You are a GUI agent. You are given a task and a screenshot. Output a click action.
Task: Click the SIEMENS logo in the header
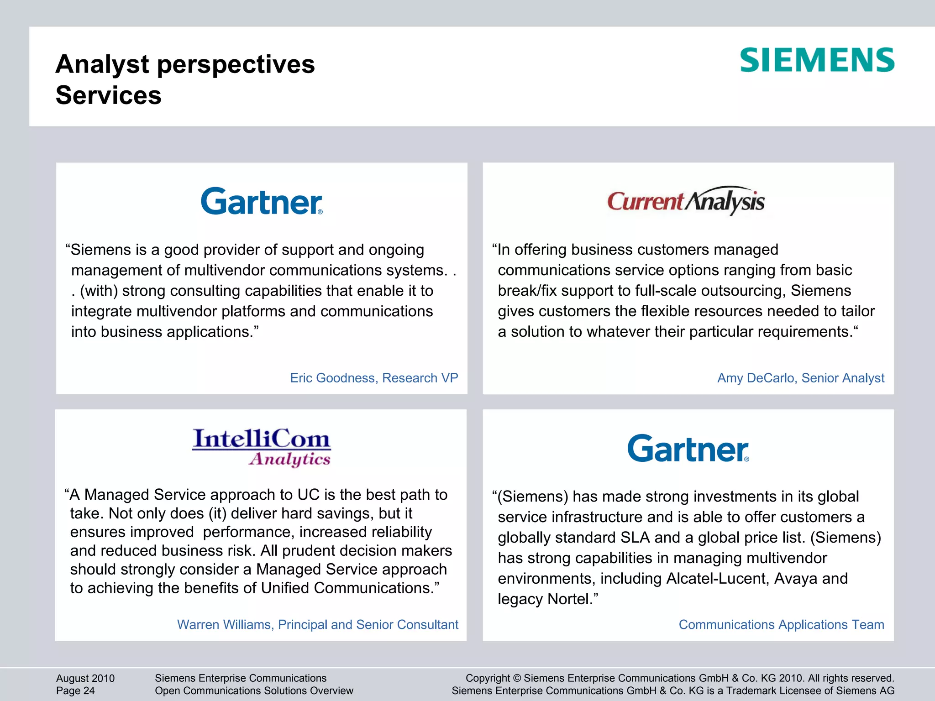click(x=817, y=60)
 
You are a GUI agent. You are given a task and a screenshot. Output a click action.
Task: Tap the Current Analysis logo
click(x=686, y=201)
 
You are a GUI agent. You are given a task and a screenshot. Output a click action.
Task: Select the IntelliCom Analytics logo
click(x=261, y=447)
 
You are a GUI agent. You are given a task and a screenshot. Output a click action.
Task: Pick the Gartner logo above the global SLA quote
click(x=688, y=448)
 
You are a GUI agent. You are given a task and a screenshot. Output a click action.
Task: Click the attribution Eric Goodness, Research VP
click(x=374, y=378)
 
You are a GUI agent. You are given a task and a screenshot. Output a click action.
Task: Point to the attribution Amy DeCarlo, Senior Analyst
click(x=800, y=378)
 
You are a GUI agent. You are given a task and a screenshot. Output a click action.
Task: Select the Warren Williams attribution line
click(x=317, y=624)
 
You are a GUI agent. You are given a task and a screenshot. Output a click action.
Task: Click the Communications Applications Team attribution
click(x=781, y=624)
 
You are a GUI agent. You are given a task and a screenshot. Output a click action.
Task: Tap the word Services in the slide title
click(x=109, y=95)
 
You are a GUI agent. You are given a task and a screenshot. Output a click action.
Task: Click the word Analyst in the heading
click(x=102, y=64)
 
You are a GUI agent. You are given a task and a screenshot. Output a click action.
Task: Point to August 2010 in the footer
click(x=85, y=678)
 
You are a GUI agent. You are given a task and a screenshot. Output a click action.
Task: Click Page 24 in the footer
click(x=75, y=691)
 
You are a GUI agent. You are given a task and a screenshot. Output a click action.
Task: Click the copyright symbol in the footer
click(x=517, y=678)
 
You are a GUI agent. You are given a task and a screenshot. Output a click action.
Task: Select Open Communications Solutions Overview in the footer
click(x=254, y=691)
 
